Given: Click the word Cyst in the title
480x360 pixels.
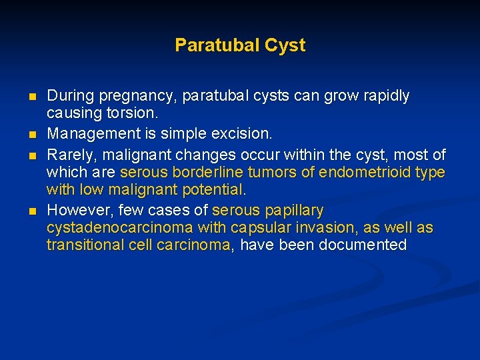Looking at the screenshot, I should (x=285, y=45).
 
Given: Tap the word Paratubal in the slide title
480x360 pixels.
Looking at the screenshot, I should (x=217, y=45).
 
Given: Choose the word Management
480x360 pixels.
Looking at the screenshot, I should (x=91, y=134).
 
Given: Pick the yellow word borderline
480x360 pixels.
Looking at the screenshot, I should (x=199, y=172).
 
